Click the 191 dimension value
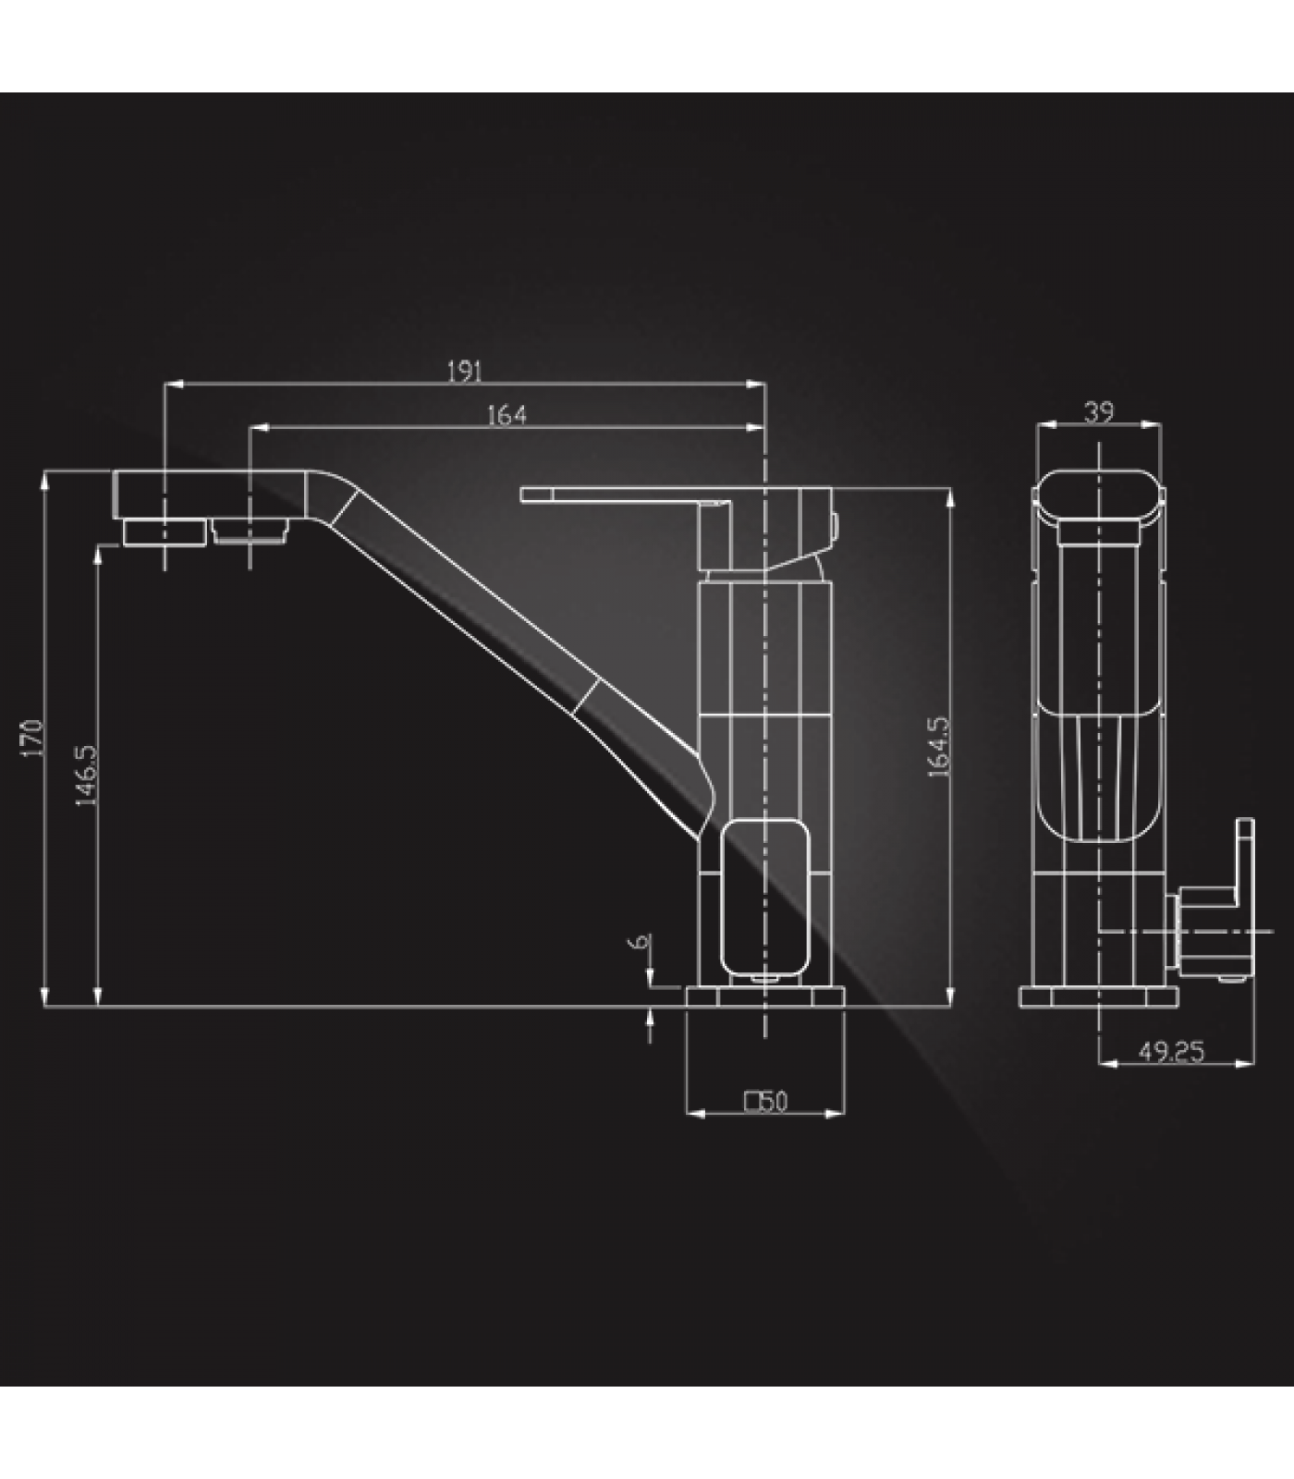pyautogui.click(x=465, y=371)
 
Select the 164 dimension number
pyautogui.click(x=507, y=415)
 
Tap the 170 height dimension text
pyautogui.click(x=32, y=738)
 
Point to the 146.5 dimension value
pyautogui.click(x=86, y=775)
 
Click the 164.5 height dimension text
pyautogui.click(x=939, y=746)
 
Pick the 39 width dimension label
pyautogui.click(x=1098, y=411)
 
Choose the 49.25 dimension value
pyautogui.click(x=1170, y=1052)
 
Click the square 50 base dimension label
pyautogui.click(x=766, y=1101)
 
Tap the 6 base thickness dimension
pyautogui.click(x=639, y=942)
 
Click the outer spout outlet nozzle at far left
pyautogui.click(x=165, y=532)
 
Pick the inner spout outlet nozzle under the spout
pyautogui.click(x=250, y=532)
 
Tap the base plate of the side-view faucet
pyautogui.click(x=765, y=996)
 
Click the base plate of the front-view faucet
pyautogui.click(x=1098, y=996)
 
